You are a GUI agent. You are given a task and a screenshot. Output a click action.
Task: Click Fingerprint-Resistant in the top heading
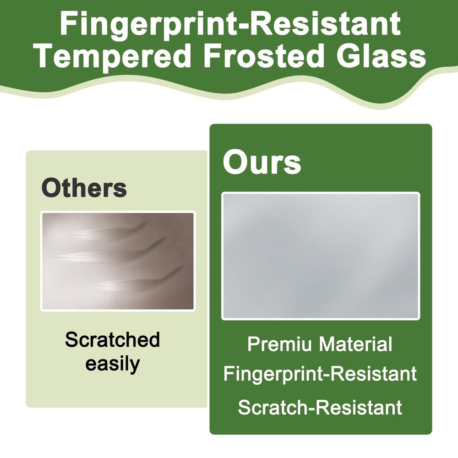pos(230,23)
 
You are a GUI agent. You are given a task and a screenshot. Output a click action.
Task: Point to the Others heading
pos(84,187)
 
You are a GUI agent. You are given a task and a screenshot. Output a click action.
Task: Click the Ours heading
pos(262,162)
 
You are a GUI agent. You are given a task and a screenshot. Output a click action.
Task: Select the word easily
pos(113,364)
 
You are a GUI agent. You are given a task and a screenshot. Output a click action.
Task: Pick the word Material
pos(355,344)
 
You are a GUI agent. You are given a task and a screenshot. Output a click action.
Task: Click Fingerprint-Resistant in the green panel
pos(320,374)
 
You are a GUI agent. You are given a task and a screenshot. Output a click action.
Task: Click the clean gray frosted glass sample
pos(321,256)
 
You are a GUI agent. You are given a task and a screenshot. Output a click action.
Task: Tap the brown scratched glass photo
pos(118,261)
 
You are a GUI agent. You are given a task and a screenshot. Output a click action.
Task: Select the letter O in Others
pos(52,188)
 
